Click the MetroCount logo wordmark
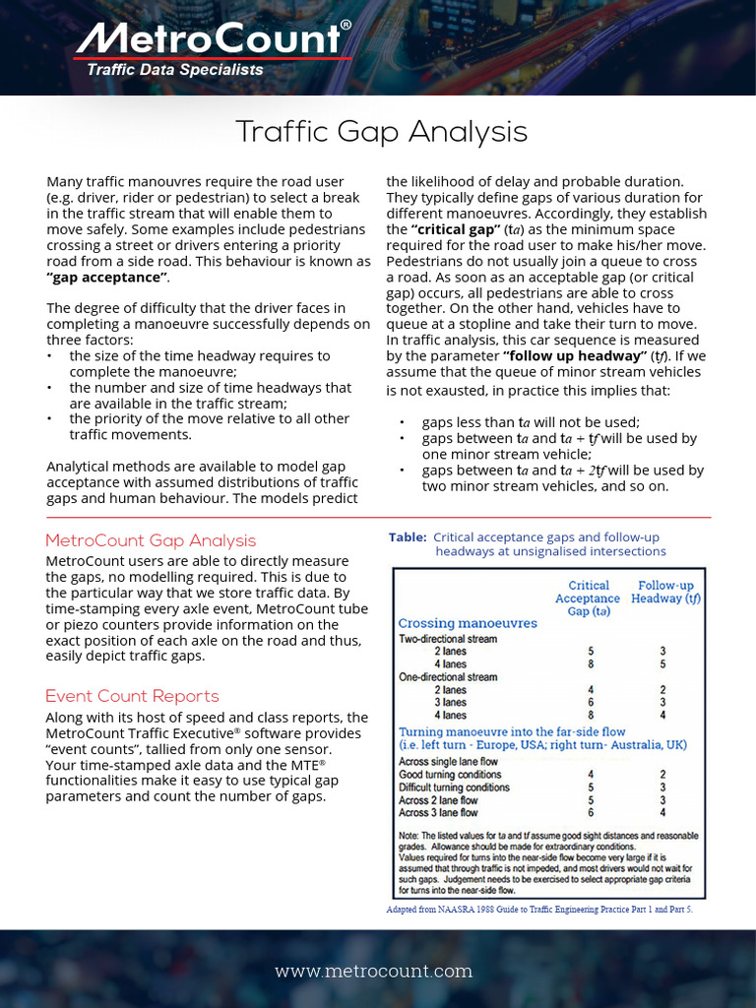pos(209,39)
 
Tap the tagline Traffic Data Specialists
pos(175,70)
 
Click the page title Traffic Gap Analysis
pos(382,132)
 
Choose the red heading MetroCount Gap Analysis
pos(151,540)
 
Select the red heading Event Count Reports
pos(132,696)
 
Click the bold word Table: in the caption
pos(408,537)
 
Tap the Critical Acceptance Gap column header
pos(588,598)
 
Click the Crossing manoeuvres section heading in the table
pos(468,623)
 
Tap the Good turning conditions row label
pos(449,775)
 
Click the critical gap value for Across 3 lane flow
pos(591,813)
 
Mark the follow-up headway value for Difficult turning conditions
pos(662,787)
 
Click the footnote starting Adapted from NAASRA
pos(539,910)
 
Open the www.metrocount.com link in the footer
pos(373,972)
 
